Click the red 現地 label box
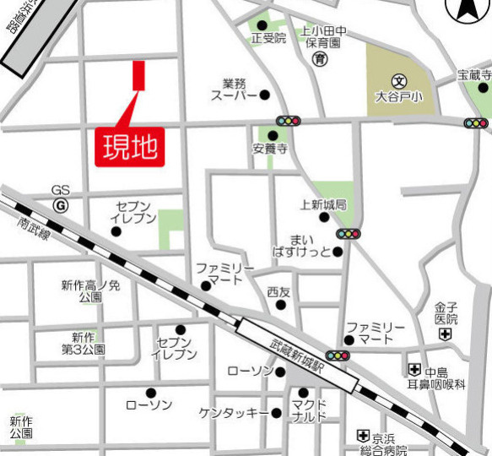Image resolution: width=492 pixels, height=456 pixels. [x=130, y=146]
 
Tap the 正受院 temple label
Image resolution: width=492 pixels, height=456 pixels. [x=268, y=38]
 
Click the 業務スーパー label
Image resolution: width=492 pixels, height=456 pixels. [x=233, y=90]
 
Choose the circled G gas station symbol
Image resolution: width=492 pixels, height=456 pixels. [x=60, y=205]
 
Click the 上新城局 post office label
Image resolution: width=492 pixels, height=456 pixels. [x=323, y=204]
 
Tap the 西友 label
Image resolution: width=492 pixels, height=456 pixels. [x=278, y=292]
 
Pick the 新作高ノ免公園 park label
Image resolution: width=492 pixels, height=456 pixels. [x=90, y=291]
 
